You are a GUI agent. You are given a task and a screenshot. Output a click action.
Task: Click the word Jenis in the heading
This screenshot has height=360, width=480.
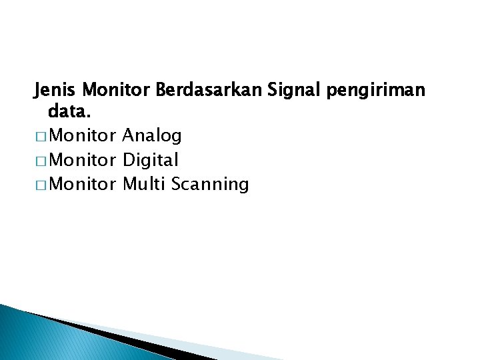(x=56, y=89)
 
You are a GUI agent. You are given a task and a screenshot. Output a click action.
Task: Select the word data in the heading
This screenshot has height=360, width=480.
(x=71, y=113)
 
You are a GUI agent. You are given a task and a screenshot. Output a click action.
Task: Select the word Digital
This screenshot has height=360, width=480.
(x=151, y=161)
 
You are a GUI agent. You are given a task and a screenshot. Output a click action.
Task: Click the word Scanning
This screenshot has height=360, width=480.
(x=209, y=185)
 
